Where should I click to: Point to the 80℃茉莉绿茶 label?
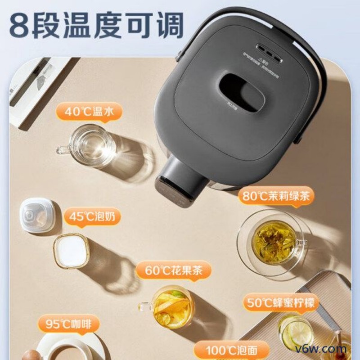pyautogui.click(x=276, y=197)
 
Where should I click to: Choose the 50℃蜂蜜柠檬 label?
pyautogui.click(x=282, y=302)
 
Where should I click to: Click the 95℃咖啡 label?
pyautogui.click(x=68, y=324)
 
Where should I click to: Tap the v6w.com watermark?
pyautogui.click(x=328, y=349)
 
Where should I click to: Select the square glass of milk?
pyautogui.click(x=71, y=251)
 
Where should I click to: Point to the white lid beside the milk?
pyautogui.click(x=37, y=216)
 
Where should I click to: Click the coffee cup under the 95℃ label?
pyautogui.click(x=67, y=349)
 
